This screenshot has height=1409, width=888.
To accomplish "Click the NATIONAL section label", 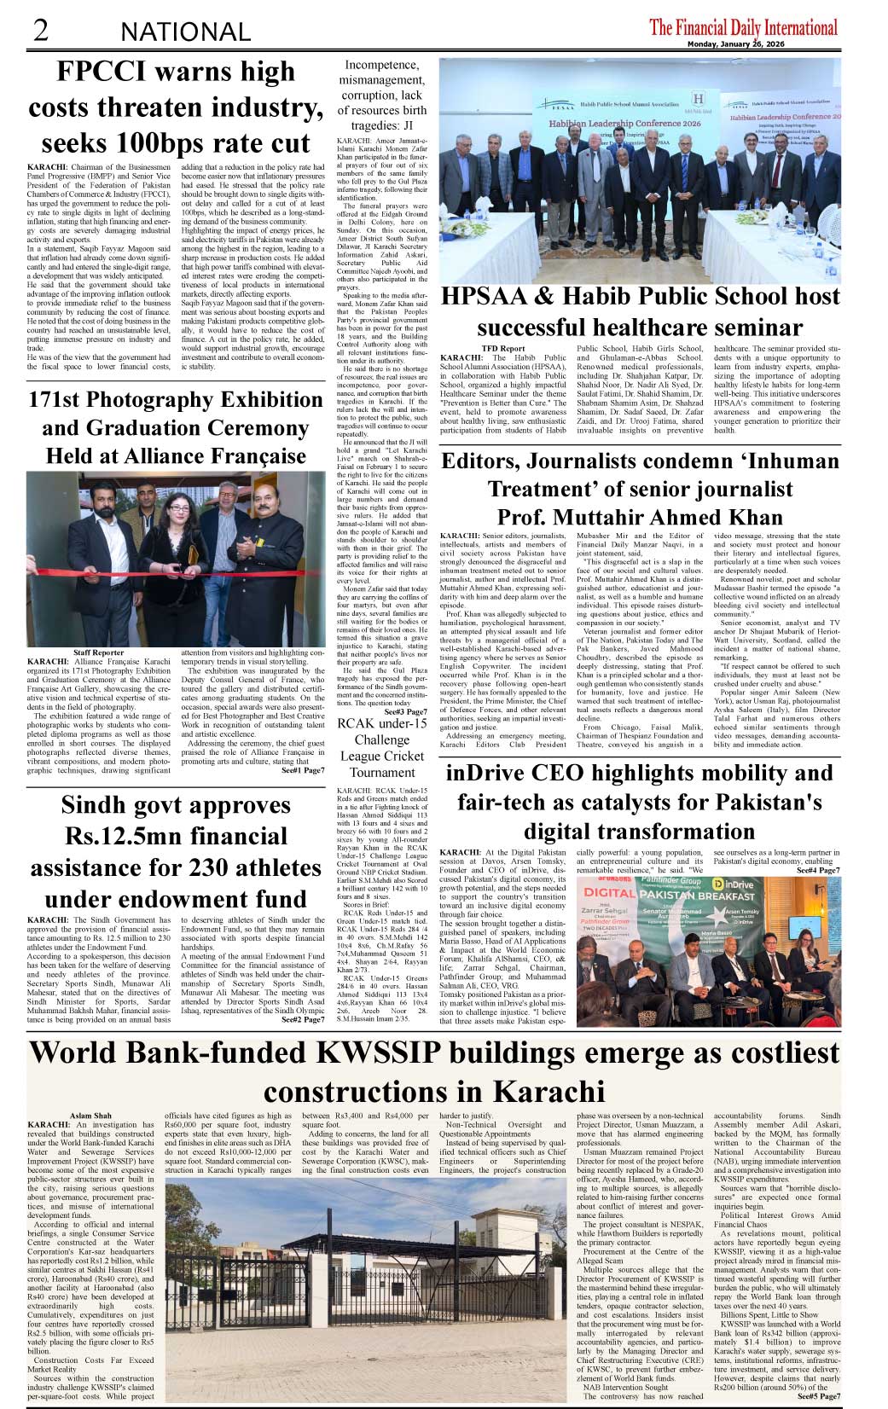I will pos(185,32).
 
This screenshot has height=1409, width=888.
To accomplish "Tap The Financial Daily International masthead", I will pos(743,27).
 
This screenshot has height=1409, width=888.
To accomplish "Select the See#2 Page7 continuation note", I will pos(302,1019).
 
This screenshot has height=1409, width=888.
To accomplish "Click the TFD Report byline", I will pos(503,349).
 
